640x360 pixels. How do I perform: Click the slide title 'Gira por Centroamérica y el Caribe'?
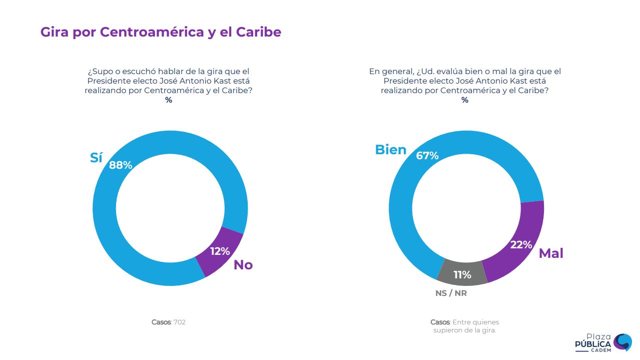161,32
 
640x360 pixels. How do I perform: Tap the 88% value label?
121,165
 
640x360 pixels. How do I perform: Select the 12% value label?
220,251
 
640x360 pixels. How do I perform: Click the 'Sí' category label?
96,158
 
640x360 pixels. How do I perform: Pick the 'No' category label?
243,265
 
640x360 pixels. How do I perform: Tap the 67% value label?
427,156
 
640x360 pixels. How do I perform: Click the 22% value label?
521,245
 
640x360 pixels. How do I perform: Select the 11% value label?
462,275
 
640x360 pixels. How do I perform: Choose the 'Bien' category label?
391,149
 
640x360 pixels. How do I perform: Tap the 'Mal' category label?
551,253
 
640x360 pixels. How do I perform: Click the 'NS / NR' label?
451,293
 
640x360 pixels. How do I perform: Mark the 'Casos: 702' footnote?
169,322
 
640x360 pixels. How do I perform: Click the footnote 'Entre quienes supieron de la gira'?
465,326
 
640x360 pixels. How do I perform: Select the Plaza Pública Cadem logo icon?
622,341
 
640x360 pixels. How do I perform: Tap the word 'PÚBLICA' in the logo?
593,344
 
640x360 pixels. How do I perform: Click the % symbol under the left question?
169,100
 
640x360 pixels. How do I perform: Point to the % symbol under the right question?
465,100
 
